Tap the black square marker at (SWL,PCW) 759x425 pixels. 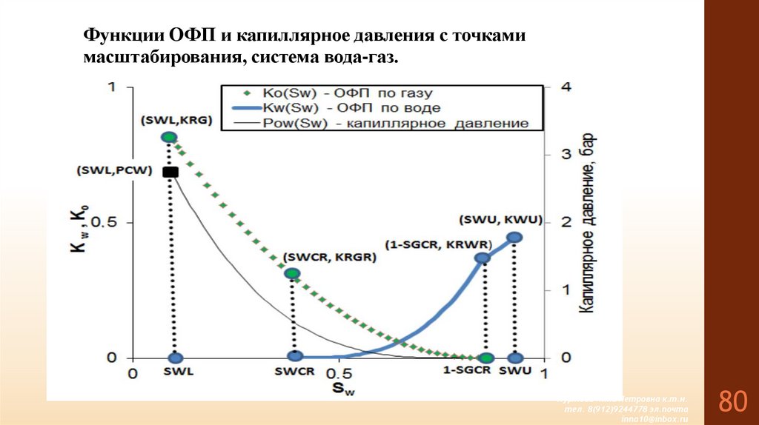170,172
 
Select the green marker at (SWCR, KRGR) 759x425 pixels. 293,273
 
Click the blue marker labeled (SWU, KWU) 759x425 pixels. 514,237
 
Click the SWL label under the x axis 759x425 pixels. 175,372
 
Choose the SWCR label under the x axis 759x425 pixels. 295,372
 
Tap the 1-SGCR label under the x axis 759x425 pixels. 468,371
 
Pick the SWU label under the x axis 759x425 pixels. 515,371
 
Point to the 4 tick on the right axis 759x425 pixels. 567,87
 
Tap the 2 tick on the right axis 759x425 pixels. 567,223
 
